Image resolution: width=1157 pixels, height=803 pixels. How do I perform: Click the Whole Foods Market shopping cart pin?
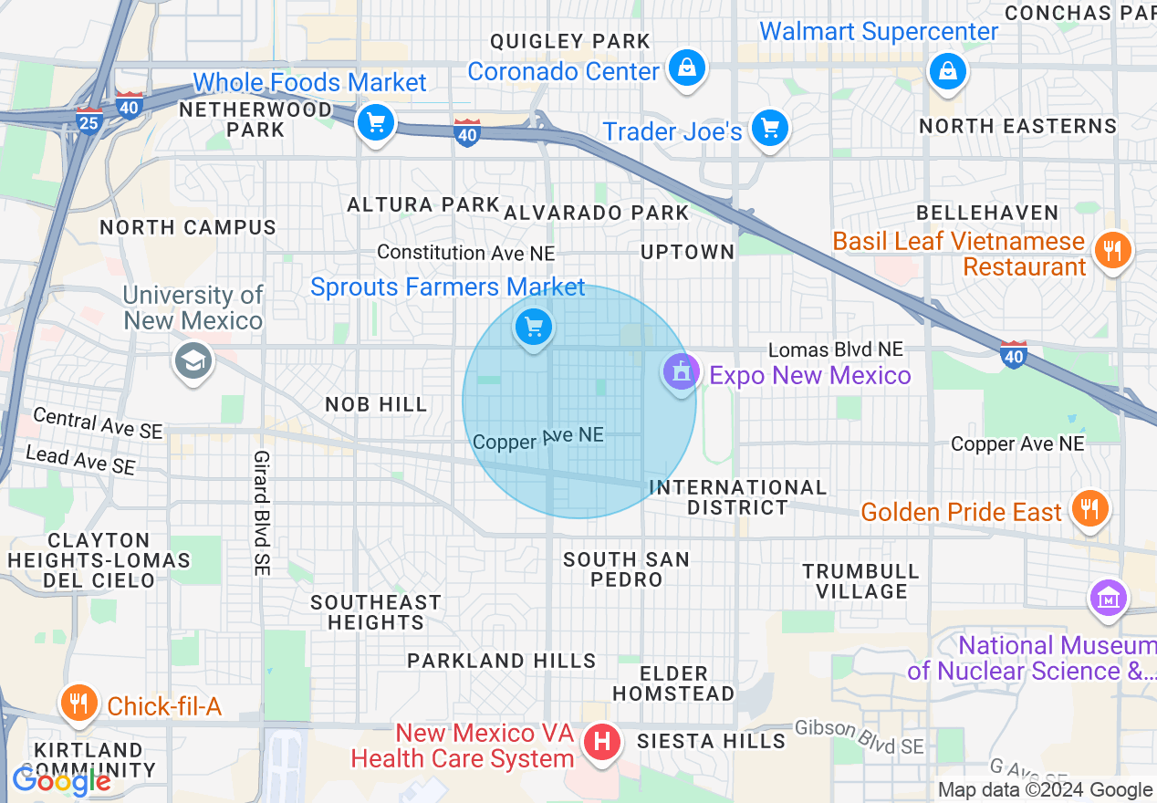(375, 122)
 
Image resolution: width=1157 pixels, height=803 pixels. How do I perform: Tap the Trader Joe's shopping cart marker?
(770, 129)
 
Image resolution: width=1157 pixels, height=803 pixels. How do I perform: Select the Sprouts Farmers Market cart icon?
(534, 327)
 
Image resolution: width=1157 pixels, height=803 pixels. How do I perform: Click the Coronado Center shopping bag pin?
(686, 68)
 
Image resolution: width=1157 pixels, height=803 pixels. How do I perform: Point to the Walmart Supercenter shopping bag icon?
(948, 70)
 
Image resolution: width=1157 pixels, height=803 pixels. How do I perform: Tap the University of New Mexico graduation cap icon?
(193, 361)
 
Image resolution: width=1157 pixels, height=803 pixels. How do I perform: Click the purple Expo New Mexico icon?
(681, 373)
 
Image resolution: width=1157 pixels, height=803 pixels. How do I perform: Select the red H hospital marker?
(602, 741)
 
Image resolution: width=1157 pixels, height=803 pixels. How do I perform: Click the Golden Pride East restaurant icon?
(1089, 508)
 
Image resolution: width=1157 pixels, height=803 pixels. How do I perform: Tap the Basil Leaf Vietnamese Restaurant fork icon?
(1111, 249)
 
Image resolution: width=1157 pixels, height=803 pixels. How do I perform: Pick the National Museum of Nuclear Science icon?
(1109, 599)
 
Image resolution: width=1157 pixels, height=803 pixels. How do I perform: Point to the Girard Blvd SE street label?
(262, 512)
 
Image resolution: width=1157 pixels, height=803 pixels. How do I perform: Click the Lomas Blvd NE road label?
(835, 349)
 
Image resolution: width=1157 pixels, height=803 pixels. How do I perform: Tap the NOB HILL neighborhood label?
(376, 404)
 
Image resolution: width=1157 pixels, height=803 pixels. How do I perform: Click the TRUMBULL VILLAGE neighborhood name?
(860, 581)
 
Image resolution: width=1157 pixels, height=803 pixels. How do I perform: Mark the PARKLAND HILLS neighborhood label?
(501, 661)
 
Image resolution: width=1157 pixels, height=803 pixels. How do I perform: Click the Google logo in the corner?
(61, 781)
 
